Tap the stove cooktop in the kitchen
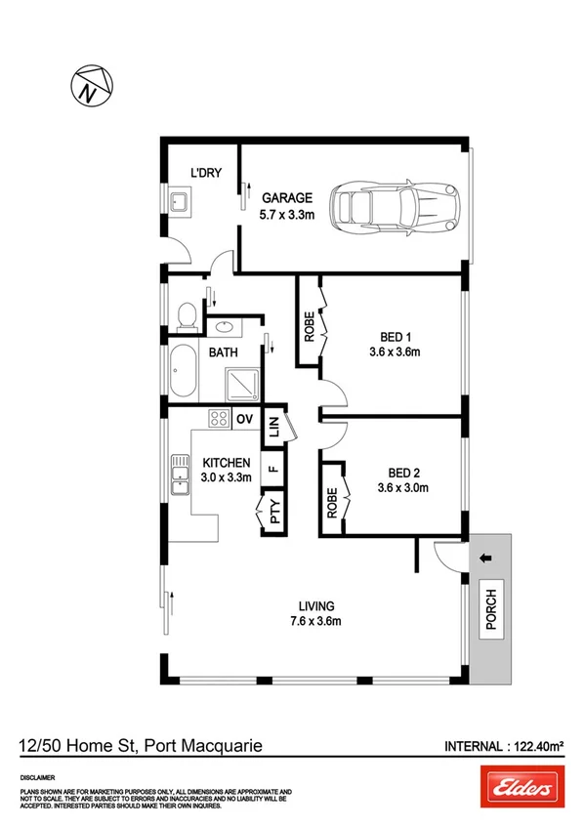[218, 420]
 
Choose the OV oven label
[245, 420]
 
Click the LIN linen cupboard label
[274, 426]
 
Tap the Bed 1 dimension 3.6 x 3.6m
[395, 352]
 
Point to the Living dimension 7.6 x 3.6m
[314, 620]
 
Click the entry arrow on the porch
[485, 559]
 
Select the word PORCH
[491, 611]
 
